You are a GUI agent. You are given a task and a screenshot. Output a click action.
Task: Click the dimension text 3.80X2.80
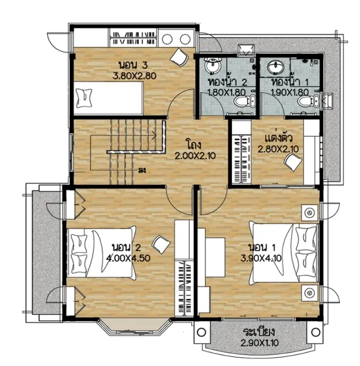coord(134,76)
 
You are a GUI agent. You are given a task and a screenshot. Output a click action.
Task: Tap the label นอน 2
coord(127,247)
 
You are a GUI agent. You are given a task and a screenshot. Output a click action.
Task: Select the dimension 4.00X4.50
coord(128,258)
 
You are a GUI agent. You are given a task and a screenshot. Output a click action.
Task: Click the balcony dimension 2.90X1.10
coord(260,343)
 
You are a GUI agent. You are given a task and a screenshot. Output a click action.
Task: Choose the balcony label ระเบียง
coord(259,332)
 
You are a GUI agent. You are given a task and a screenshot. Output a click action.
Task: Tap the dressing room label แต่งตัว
coord(279,138)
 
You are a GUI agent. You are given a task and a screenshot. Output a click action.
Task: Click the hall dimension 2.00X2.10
coord(195,156)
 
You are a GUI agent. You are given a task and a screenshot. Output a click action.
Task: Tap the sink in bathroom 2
coord(213,65)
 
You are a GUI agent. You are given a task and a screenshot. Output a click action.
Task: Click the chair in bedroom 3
coord(179,57)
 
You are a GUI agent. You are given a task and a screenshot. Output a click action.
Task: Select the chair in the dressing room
coord(292,162)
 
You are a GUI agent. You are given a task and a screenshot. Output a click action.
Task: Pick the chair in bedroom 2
coord(161,245)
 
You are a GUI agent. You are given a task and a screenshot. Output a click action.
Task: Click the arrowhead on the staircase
coord(155,135)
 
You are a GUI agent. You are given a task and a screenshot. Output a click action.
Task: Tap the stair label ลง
coord(142,170)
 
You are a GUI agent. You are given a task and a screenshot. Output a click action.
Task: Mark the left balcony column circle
coord(201,332)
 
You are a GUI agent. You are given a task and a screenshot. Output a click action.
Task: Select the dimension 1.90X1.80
coord(290,92)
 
